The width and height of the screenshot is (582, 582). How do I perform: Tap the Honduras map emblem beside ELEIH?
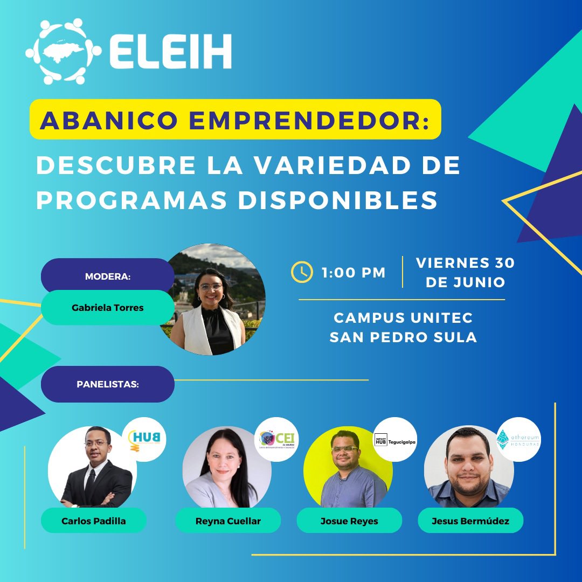[63, 52]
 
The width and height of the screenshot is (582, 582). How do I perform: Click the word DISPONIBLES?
[338, 200]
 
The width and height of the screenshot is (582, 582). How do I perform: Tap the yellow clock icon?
[302, 272]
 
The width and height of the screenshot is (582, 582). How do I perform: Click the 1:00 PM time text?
[354, 273]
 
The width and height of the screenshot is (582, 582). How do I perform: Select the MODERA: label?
[108, 276]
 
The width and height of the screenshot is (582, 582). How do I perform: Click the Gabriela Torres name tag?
[108, 308]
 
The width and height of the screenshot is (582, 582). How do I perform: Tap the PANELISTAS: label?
[108, 384]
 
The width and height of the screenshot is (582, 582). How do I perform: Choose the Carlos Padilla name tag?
[94, 521]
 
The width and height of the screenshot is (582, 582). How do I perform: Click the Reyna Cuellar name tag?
[228, 521]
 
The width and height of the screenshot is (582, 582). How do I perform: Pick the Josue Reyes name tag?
[349, 521]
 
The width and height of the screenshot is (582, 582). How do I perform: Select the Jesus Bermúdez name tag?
[470, 521]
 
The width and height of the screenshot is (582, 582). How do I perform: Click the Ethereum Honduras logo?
[518, 439]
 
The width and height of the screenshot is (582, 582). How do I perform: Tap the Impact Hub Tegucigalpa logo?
[395, 439]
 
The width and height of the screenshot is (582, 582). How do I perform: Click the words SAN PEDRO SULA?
[403, 337]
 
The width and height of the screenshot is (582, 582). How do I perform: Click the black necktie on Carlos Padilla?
[91, 480]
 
